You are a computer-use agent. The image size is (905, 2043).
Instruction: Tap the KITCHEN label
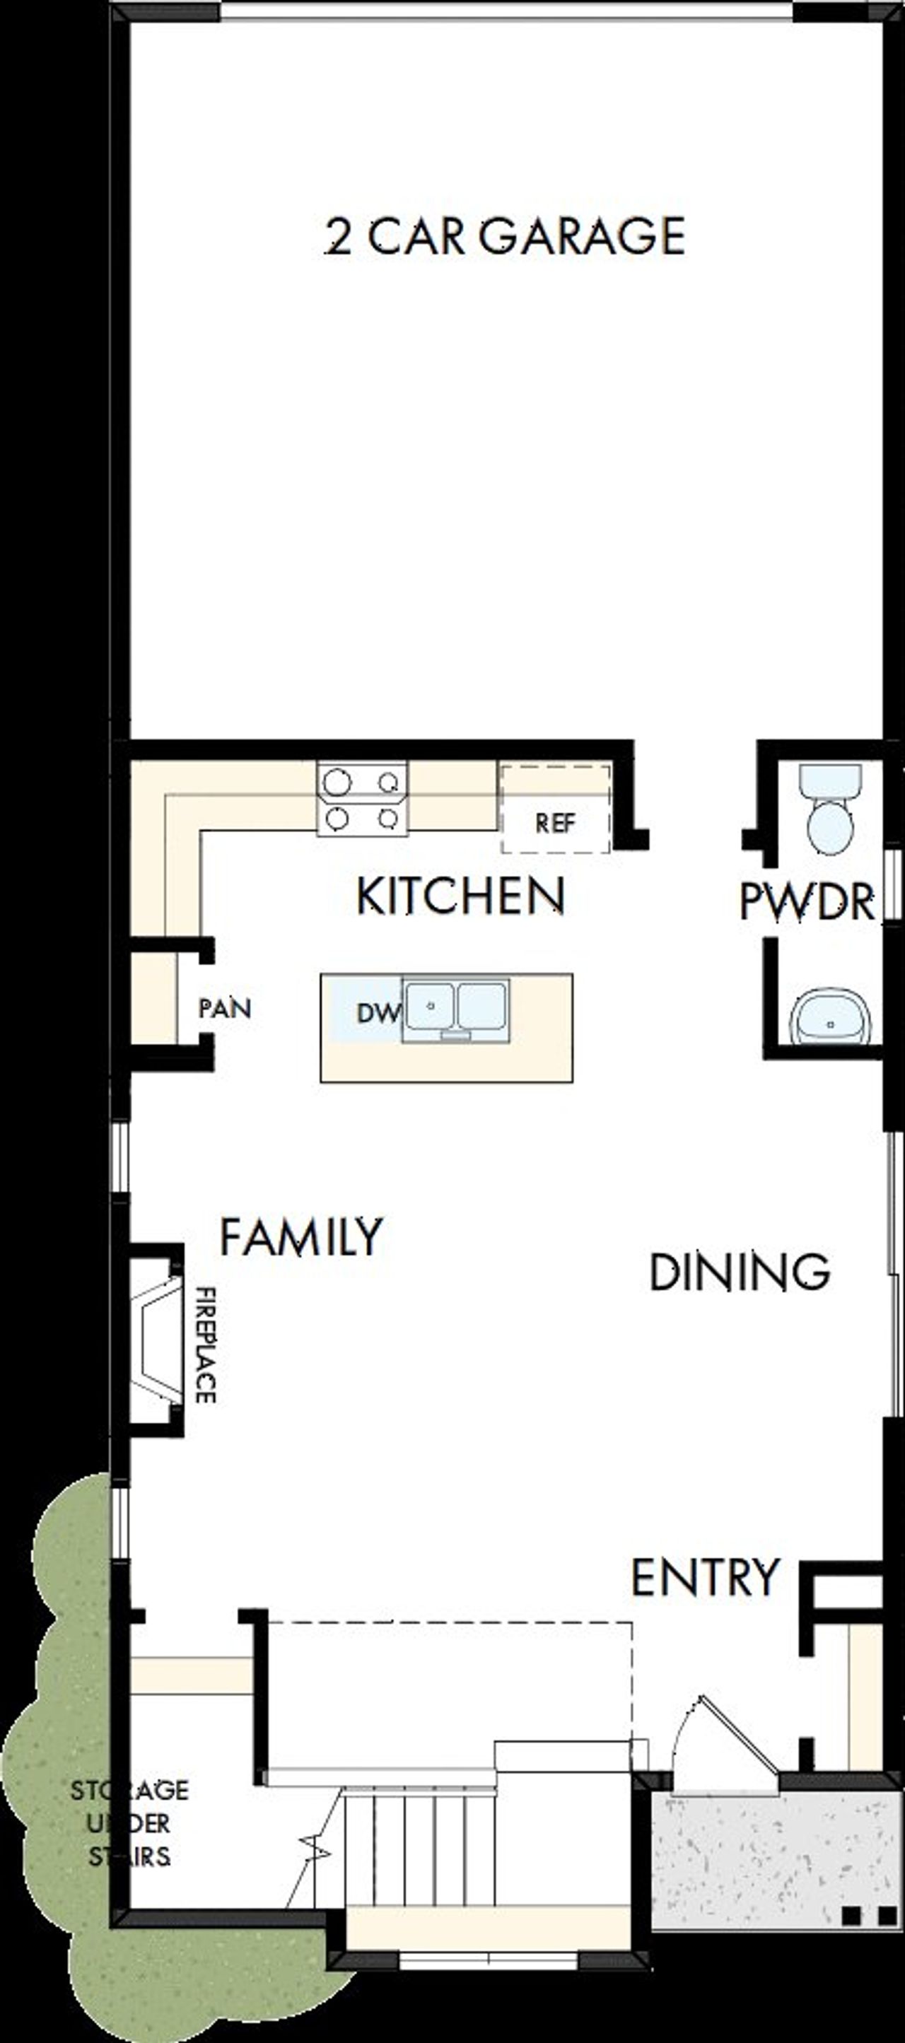coord(460,896)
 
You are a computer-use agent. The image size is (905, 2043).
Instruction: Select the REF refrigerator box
coord(554,809)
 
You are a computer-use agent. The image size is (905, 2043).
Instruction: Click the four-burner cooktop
coord(362,798)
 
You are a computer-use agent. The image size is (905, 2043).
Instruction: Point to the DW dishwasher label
coord(376,1013)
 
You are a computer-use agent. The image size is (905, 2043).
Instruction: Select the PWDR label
coord(807,903)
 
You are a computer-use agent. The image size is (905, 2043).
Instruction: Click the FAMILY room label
coord(300,1238)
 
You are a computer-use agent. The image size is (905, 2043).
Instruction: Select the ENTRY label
coord(704,1576)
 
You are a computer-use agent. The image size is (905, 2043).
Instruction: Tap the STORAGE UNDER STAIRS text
coord(129,1823)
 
